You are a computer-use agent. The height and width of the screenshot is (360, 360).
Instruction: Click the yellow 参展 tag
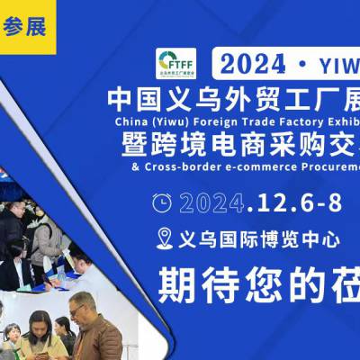[28, 24]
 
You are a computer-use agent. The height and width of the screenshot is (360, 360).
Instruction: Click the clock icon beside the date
[162, 202]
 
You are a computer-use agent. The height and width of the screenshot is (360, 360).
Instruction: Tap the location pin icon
[164, 238]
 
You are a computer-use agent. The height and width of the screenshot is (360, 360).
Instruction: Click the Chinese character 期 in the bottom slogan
[175, 286]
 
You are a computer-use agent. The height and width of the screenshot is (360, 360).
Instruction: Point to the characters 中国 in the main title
[135, 95]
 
